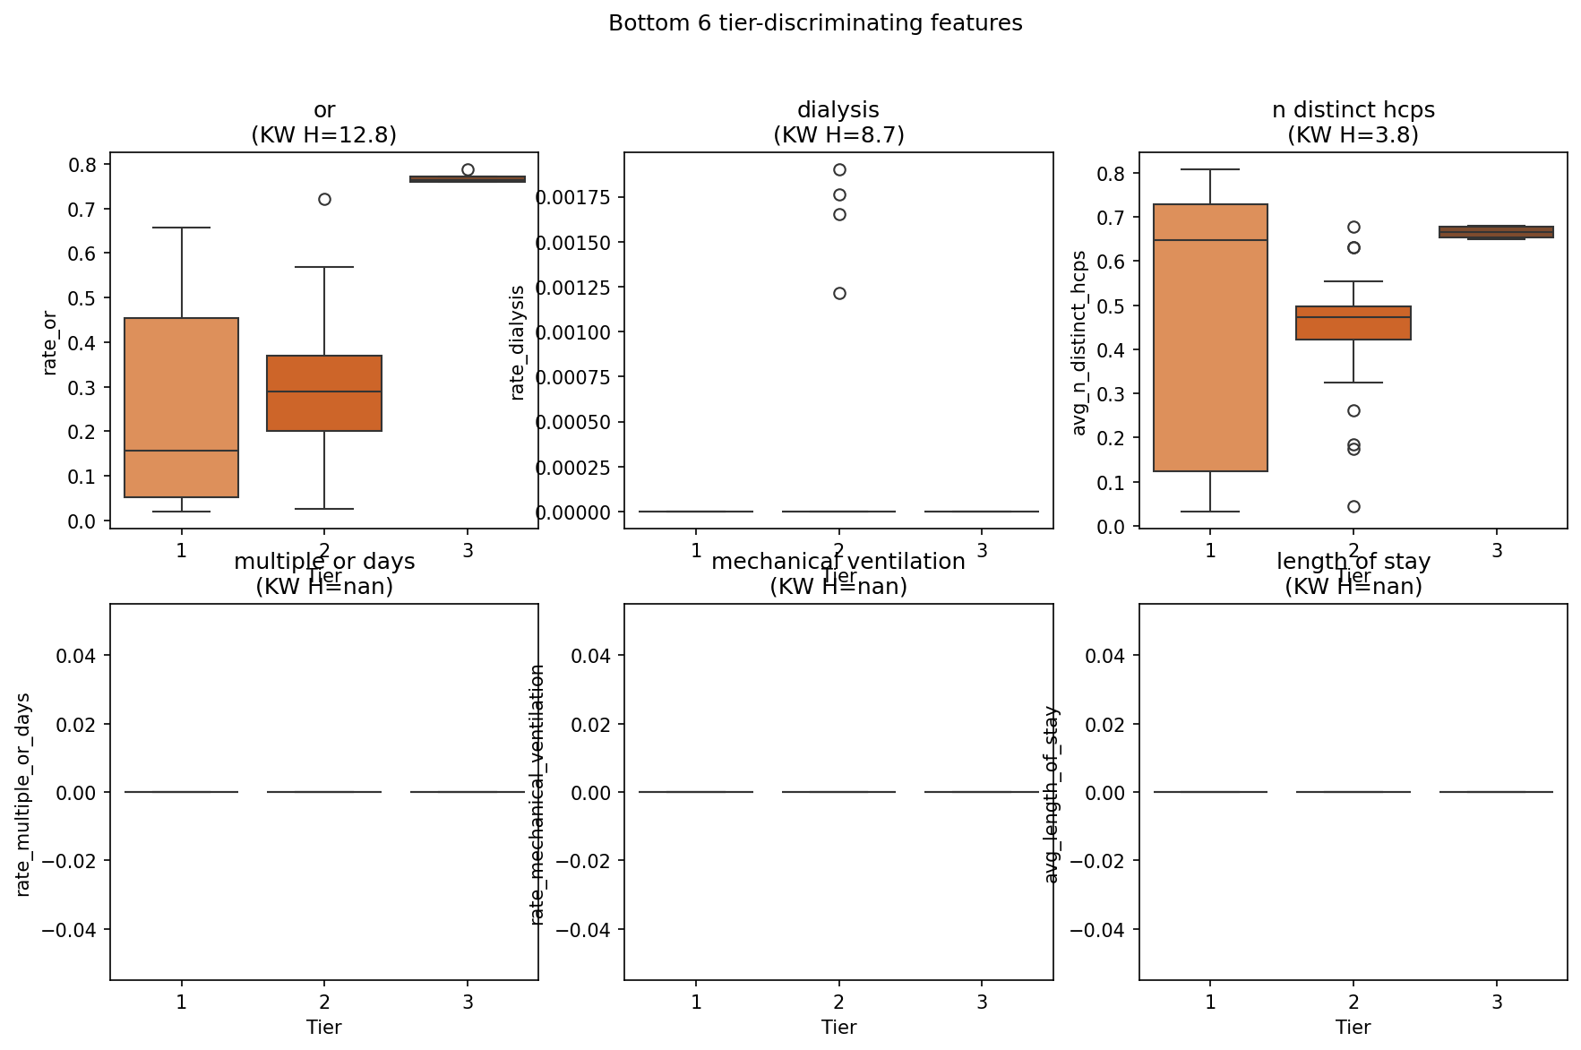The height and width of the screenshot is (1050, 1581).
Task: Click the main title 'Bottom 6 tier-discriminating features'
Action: [814, 23]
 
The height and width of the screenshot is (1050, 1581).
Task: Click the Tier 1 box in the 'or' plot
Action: [181, 407]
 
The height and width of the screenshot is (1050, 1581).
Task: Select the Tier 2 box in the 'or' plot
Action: [324, 393]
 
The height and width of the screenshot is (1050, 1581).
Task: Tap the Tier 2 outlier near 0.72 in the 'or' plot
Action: [324, 199]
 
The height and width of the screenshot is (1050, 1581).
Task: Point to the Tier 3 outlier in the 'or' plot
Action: [468, 169]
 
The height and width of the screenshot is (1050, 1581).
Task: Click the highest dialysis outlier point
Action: [839, 169]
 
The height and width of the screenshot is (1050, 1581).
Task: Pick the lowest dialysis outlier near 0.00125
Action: [839, 293]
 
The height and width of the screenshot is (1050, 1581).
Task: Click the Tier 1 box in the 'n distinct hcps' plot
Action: [1210, 338]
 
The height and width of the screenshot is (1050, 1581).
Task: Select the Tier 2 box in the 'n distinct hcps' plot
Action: [1353, 323]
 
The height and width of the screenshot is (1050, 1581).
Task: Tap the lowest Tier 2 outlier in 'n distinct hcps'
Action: [1353, 506]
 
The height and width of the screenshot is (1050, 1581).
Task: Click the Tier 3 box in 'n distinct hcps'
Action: [1496, 232]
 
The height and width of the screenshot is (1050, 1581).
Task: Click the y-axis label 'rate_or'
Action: [50, 342]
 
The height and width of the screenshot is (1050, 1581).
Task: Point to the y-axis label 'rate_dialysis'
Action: [517, 342]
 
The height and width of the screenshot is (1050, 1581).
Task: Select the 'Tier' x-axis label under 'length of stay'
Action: [1353, 1028]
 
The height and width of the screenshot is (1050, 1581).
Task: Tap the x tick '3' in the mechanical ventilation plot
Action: [982, 1002]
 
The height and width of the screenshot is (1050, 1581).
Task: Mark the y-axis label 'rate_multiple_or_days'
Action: [23, 794]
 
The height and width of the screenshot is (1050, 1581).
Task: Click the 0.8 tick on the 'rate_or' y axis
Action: [83, 165]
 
